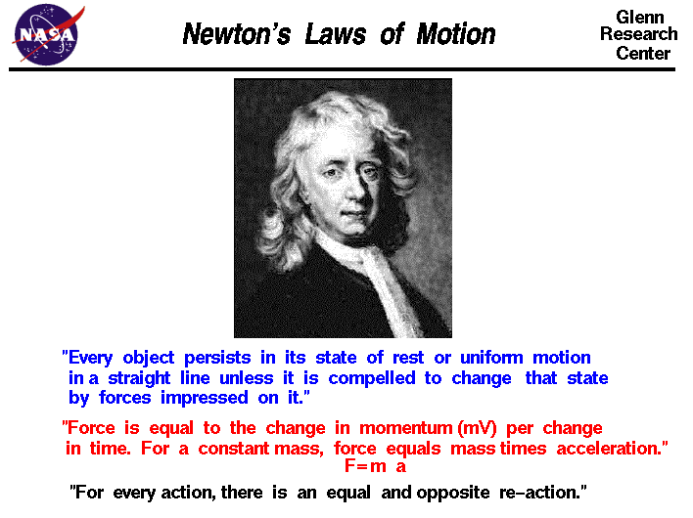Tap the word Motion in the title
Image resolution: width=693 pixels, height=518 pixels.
pyautogui.click(x=452, y=35)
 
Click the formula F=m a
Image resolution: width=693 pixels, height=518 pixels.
pyautogui.click(x=375, y=467)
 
